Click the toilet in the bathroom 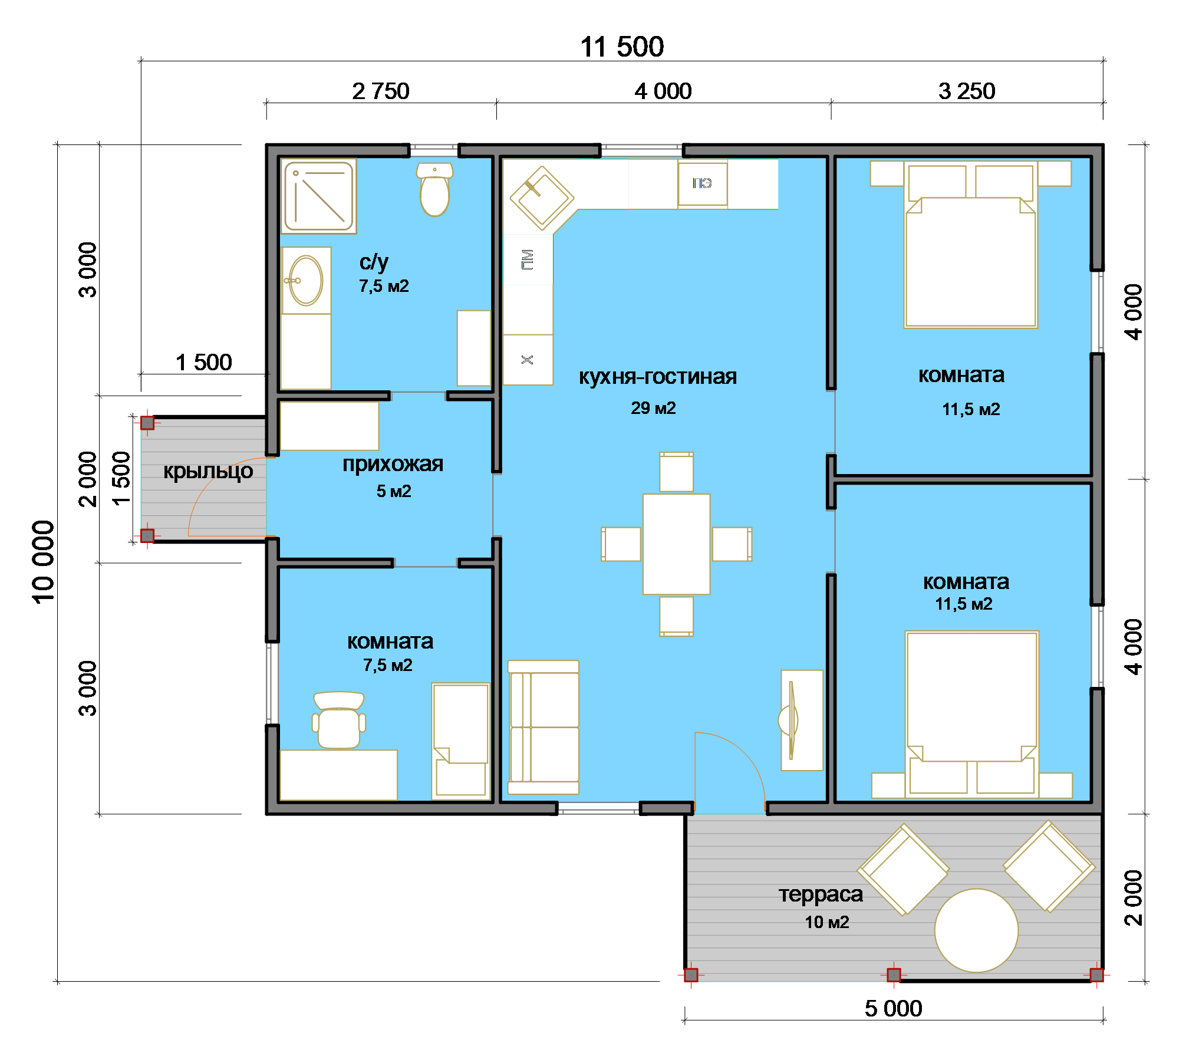pyautogui.click(x=434, y=189)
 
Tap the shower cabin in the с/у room pyautogui.click(x=318, y=196)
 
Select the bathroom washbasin pyautogui.click(x=305, y=280)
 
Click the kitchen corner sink pyautogui.click(x=542, y=198)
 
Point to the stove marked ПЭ pyautogui.click(x=702, y=183)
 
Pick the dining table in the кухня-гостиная pyautogui.click(x=676, y=544)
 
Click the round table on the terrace pyautogui.click(x=976, y=930)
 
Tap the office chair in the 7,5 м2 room pyautogui.click(x=339, y=720)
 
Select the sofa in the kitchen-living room pyautogui.click(x=543, y=727)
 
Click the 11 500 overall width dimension pyautogui.click(x=622, y=47)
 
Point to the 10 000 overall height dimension pyautogui.click(x=43, y=562)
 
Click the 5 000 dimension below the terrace pyautogui.click(x=893, y=1008)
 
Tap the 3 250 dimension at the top pyautogui.click(x=967, y=91)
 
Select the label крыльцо pyautogui.click(x=208, y=471)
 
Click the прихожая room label pyautogui.click(x=393, y=465)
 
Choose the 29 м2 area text pyautogui.click(x=653, y=407)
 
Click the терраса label pyautogui.click(x=821, y=894)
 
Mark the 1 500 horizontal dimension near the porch pyautogui.click(x=203, y=362)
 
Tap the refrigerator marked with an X pyautogui.click(x=528, y=360)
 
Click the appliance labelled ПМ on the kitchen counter pyautogui.click(x=528, y=259)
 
